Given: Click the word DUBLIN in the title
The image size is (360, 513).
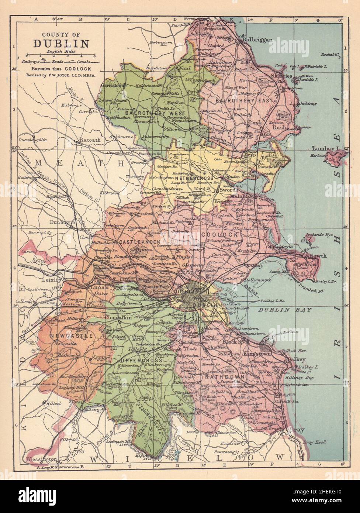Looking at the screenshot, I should [x=61, y=44].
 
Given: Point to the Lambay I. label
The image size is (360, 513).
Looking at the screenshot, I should [x=325, y=148].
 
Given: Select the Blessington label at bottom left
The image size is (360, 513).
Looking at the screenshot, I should [x=42, y=459].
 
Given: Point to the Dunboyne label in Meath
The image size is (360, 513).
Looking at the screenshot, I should [x=62, y=223].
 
